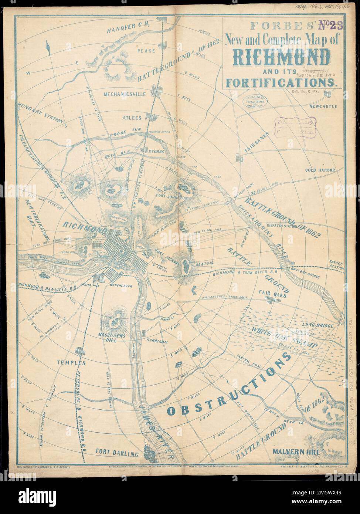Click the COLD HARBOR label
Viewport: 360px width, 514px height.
tap(320, 170)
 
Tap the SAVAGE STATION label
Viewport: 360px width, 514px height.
tap(336, 265)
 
